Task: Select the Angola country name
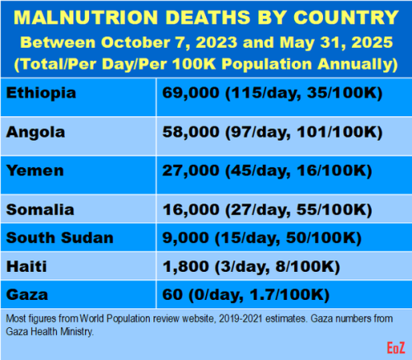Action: point(36,132)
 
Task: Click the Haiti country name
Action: point(26,266)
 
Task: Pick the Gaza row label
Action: point(26,293)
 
